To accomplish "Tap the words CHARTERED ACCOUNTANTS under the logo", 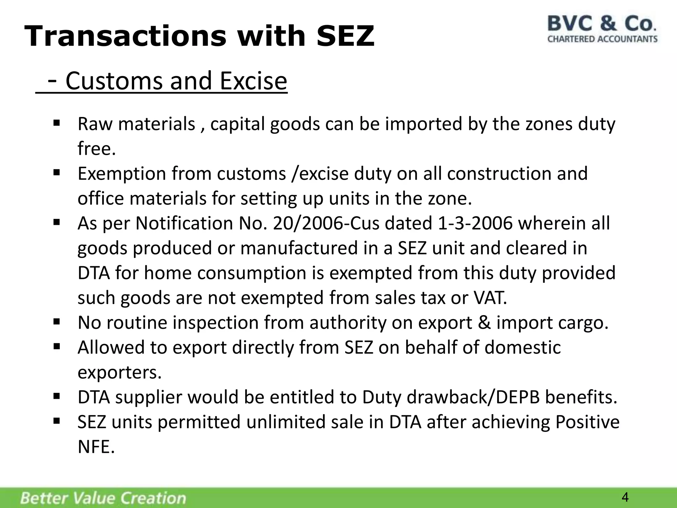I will click(x=602, y=39).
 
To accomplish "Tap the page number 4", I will click(x=625, y=497).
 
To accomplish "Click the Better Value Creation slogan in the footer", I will click(x=103, y=498).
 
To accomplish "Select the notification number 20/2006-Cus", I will click(x=326, y=223).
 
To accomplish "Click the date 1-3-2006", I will click(x=475, y=223).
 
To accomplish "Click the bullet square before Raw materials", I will click(x=56, y=123).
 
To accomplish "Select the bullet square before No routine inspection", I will click(x=56, y=321).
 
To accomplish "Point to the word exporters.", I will click(x=120, y=372).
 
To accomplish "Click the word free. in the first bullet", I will click(x=97, y=148).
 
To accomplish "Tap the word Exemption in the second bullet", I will click(x=122, y=174).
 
